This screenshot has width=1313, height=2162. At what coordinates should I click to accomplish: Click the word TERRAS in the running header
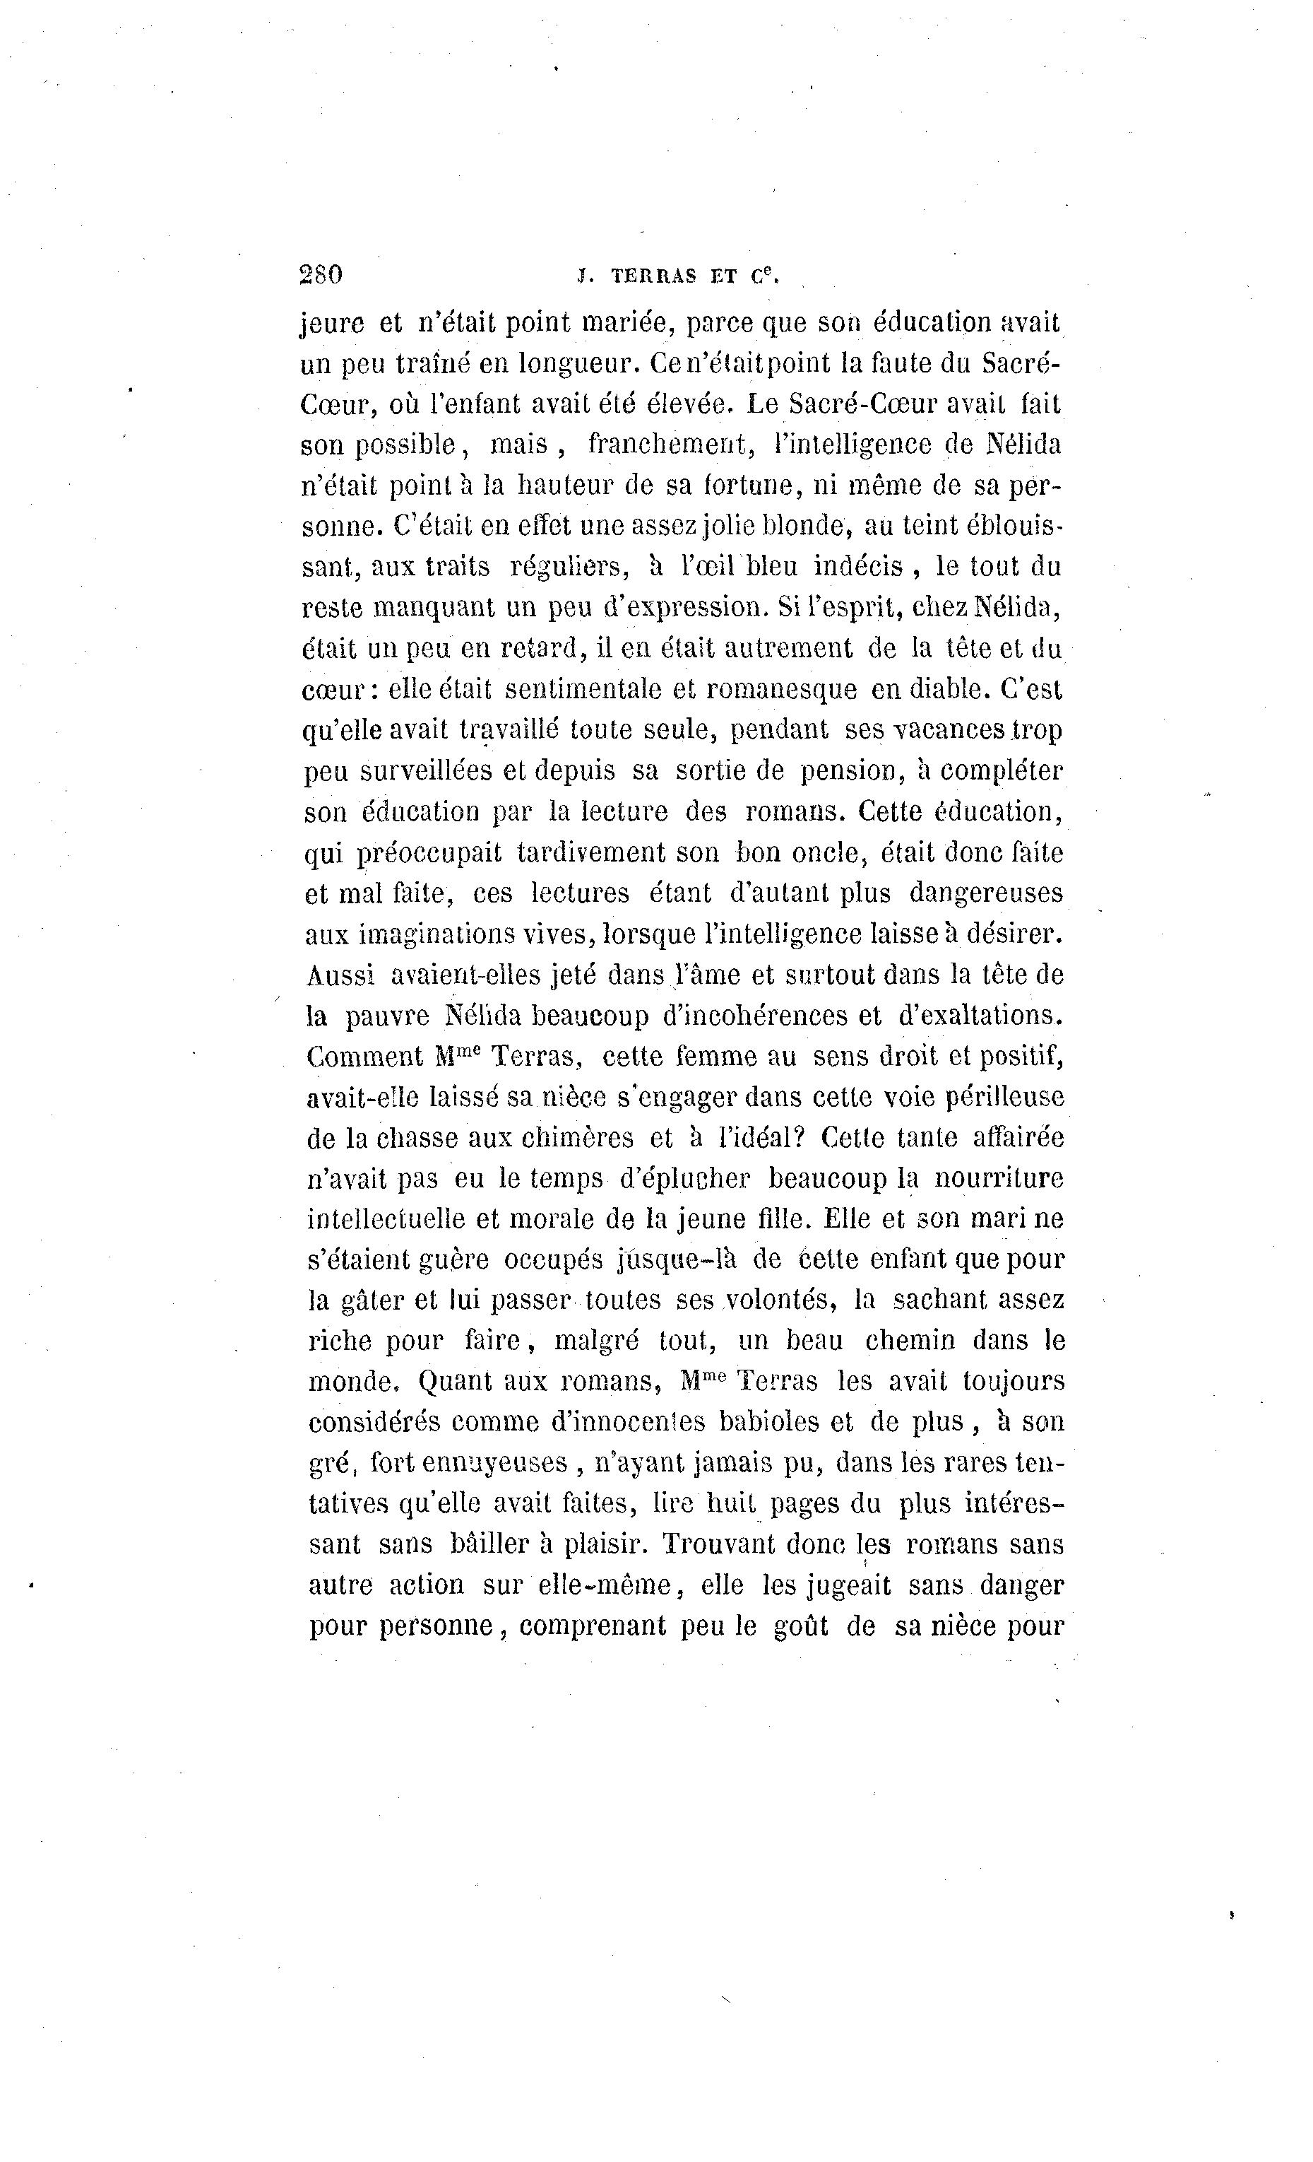click(653, 276)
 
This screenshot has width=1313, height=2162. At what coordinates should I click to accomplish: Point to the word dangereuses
click(986, 893)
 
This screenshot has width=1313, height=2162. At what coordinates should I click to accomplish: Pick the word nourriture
click(998, 1178)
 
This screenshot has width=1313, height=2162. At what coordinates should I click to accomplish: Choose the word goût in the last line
click(800, 1625)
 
